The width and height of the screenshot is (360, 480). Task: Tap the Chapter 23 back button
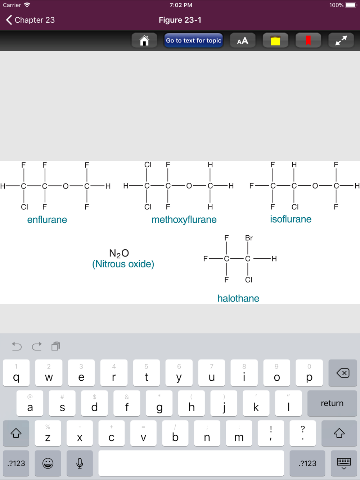30,20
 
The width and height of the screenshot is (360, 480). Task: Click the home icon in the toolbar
144,40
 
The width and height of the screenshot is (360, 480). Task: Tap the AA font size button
243,40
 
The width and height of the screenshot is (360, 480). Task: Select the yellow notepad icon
275,40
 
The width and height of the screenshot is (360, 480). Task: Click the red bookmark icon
308,40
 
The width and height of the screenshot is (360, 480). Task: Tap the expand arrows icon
341,40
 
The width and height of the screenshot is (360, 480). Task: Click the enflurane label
47,219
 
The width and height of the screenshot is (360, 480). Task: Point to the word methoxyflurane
184,220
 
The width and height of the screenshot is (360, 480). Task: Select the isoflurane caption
291,219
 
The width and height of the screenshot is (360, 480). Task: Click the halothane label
238,298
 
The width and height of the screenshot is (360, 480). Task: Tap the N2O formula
119,253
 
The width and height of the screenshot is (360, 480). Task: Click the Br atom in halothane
249,238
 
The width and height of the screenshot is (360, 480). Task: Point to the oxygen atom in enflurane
66,186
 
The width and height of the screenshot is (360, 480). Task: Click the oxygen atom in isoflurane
315,186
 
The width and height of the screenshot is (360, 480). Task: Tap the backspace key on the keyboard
343,373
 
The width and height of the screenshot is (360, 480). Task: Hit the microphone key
80,463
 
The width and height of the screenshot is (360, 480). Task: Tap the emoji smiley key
48,463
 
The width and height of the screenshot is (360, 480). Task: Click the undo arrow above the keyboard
17,346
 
